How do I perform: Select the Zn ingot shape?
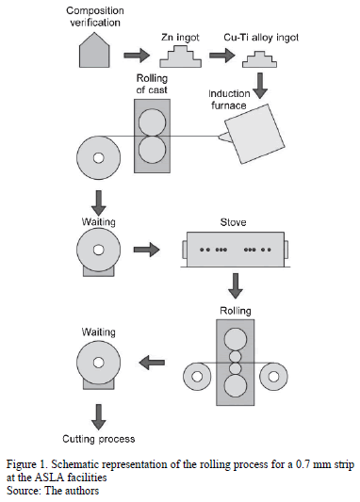(x=181, y=57)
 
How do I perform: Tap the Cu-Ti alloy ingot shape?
(x=259, y=59)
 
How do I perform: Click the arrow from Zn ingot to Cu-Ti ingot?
(x=222, y=55)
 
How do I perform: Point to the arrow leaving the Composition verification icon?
(x=137, y=55)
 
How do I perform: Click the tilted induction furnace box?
(x=254, y=134)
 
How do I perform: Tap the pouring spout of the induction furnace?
(x=223, y=137)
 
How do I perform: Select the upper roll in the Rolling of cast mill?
(x=152, y=122)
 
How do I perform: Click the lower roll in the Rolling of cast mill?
(x=152, y=150)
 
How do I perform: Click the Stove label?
(x=233, y=222)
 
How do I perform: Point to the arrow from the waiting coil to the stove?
(x=146, y=249)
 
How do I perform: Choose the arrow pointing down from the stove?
(x=236, y=286)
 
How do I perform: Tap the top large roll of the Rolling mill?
(x=236, y=340)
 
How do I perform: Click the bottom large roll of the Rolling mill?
(x=236, y=385)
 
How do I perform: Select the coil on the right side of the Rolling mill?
(x=273, y=377)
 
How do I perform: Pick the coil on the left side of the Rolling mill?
(x=197, y=377)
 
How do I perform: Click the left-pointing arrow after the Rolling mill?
(x=152, y=363)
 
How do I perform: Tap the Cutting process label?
(x=99, y=439)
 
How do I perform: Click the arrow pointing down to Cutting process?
(x=99, y=417)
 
